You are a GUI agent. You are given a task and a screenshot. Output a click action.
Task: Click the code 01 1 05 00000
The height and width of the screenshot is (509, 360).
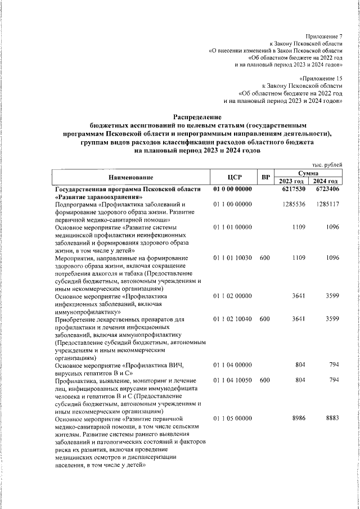233,418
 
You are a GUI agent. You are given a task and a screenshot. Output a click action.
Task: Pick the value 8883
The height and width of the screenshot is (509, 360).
331,418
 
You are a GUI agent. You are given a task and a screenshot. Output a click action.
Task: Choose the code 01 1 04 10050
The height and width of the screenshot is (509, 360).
233,380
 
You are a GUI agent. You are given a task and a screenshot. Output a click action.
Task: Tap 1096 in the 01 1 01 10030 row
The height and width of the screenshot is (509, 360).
332,258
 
